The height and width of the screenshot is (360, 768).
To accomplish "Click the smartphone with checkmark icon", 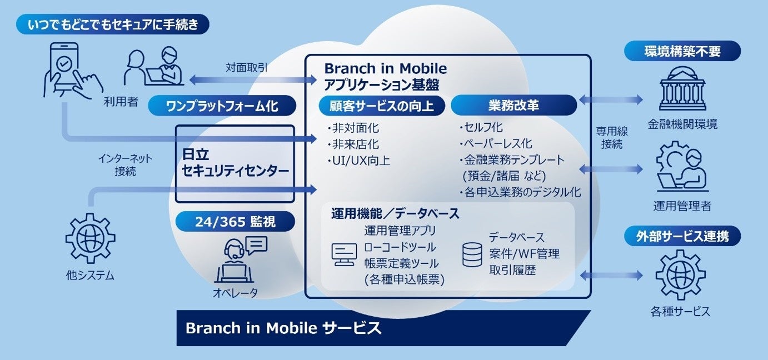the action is [x=70, y=71].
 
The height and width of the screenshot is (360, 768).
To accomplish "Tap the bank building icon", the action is [x=682, y=88].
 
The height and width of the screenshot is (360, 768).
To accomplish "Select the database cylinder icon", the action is [x=472, y=254].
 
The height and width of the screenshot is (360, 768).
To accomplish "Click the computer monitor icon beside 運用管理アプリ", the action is [x=344, y=254].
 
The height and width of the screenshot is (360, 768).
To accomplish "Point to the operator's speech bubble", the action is [x=257, y=245].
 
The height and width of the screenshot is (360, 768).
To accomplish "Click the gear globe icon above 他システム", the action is [x=91, y=238].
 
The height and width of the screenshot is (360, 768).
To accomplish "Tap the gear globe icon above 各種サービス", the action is [x=681, y=274].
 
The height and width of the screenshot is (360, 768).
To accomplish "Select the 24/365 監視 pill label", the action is [x=235, y=222].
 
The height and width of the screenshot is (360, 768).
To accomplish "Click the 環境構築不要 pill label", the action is [x=682, y=51].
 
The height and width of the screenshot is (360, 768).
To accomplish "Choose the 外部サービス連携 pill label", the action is [x=682, y=236].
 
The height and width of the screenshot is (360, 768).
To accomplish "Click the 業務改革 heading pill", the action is [x=513, y=105].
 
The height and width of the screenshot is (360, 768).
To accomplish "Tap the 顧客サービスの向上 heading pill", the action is [x=382, y=106].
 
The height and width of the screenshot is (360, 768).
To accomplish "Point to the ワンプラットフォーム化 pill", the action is [x=222, y=106].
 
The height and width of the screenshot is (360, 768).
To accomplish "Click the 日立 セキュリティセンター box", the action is [x=235, y=164].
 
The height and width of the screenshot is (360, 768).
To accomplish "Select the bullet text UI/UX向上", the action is [x=358, y=161].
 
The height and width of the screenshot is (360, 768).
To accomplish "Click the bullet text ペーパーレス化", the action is [x=496, y=143].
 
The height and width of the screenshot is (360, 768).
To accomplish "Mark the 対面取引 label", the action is [x=246, y=67].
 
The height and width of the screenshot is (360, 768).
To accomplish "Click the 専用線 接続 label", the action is [x=612, y=137].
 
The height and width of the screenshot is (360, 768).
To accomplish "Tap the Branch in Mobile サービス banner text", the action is [x=283, y=328].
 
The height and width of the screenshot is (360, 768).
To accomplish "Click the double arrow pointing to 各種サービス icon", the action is [x=611, y=275].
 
